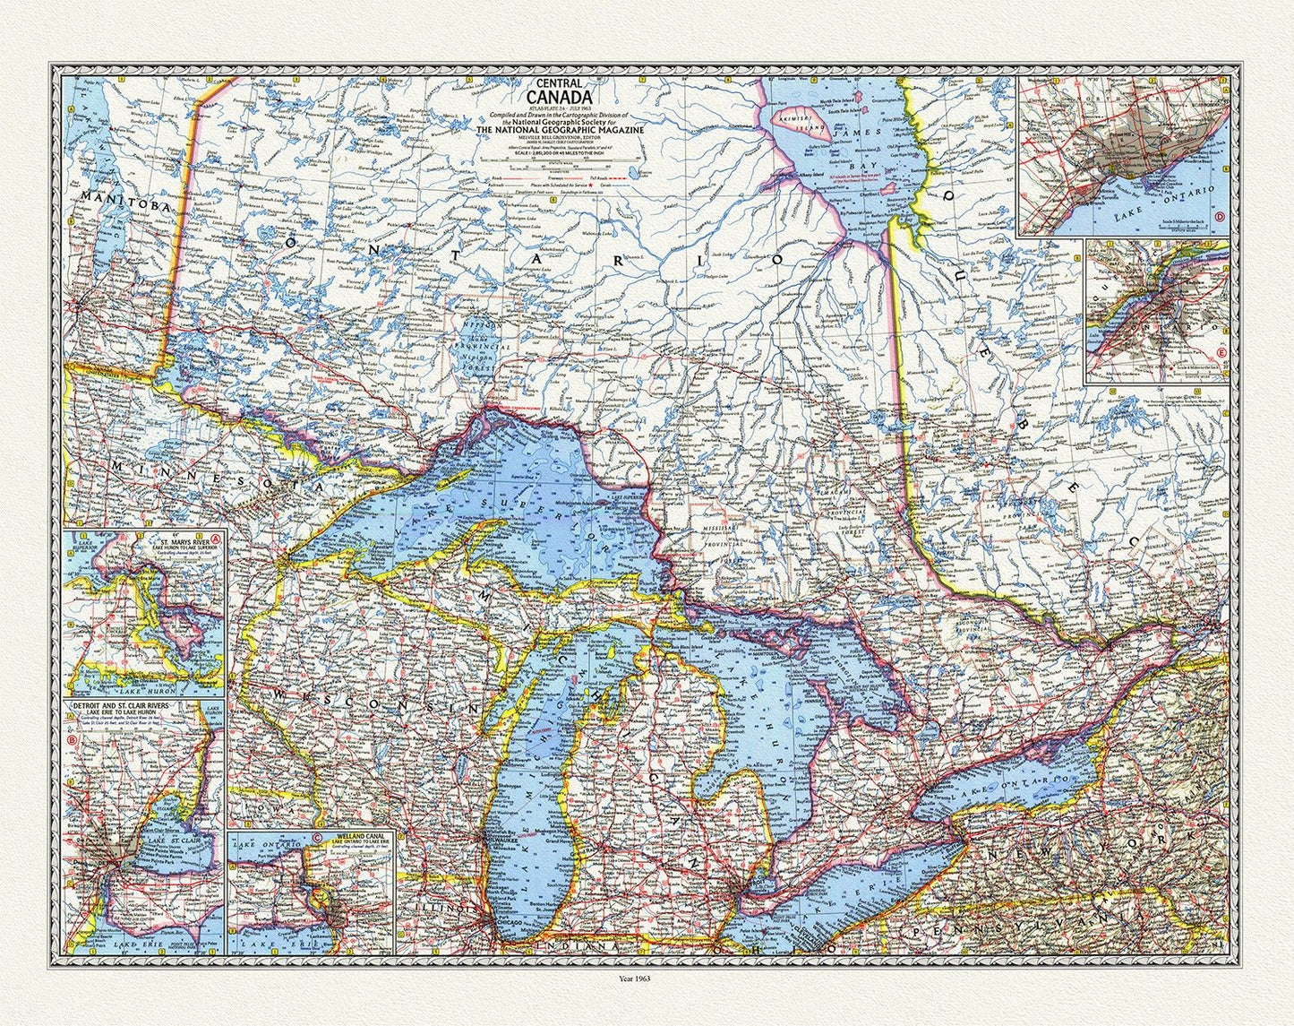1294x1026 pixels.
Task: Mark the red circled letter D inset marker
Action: click(x=1221, y=215)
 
